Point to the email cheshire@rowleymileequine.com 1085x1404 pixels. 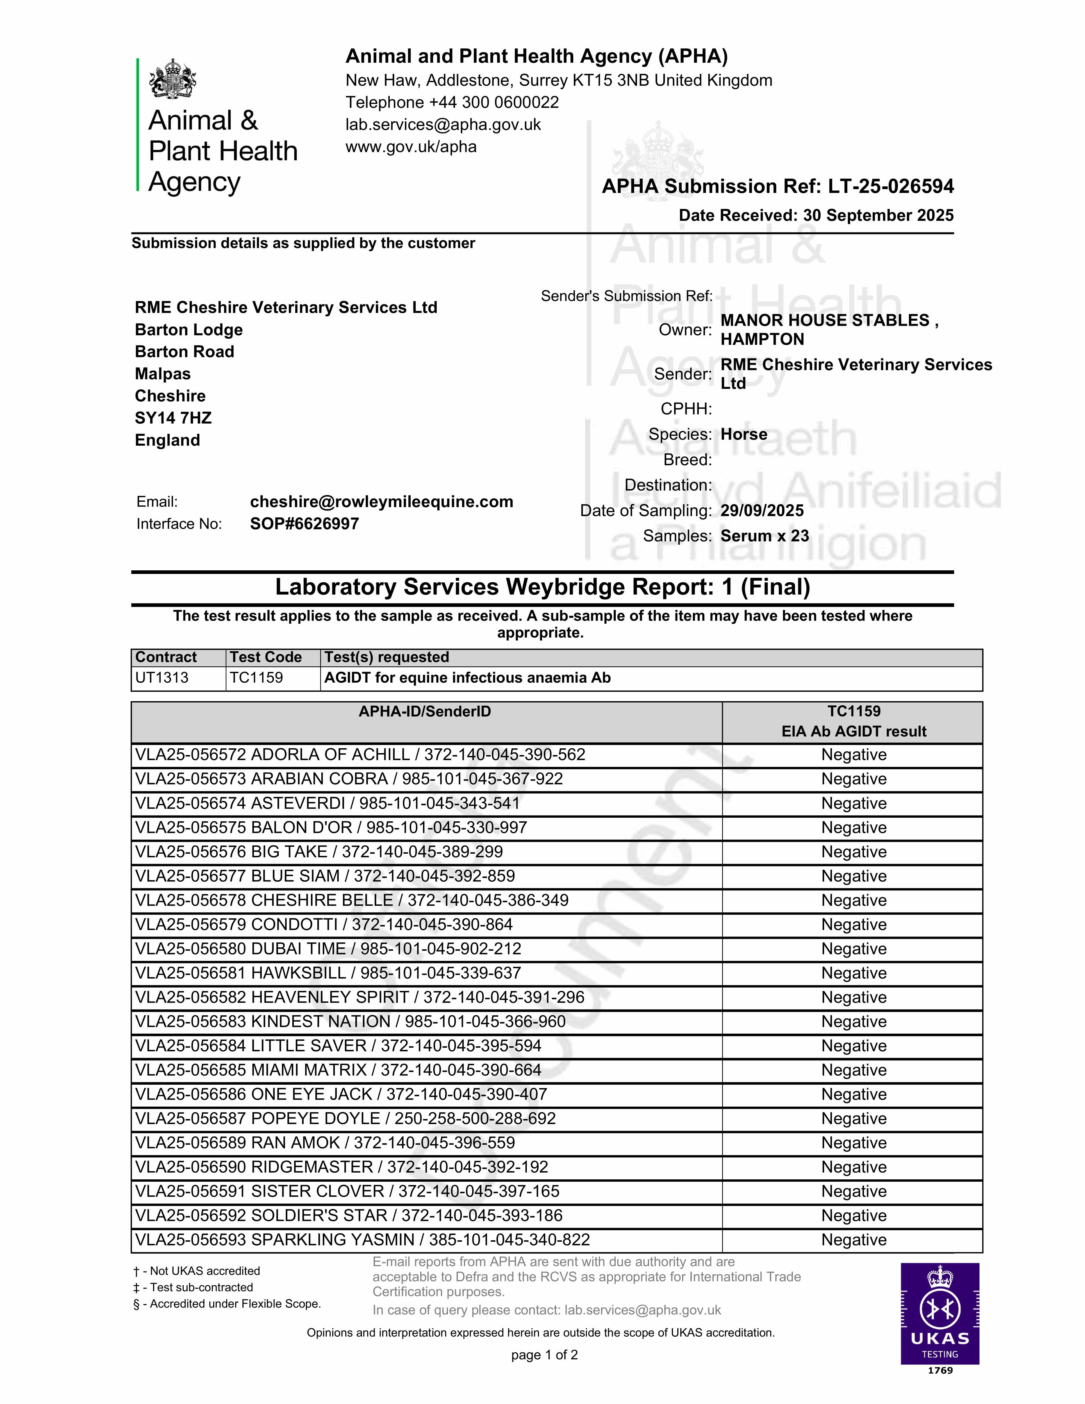pyautogui.click(x=381, y=502)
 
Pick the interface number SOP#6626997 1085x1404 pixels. pyautogui.click(x=304, y=524)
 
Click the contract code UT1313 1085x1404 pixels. pyautogui.click(x=162, y=678)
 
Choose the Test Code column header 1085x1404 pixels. pyautogui.click(x=266, y=657)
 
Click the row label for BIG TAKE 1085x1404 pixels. pyautogui.click(x=319, y=852)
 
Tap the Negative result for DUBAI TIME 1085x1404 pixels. pyautogui.click(x=854, y=949)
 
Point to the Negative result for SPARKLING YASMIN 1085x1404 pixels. pyautogui.click(x=854, y=1240)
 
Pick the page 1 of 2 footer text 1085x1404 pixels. pyautogui.click(x=544, y=1355)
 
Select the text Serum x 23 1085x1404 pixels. pyautogui.click(x=764, y=536)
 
